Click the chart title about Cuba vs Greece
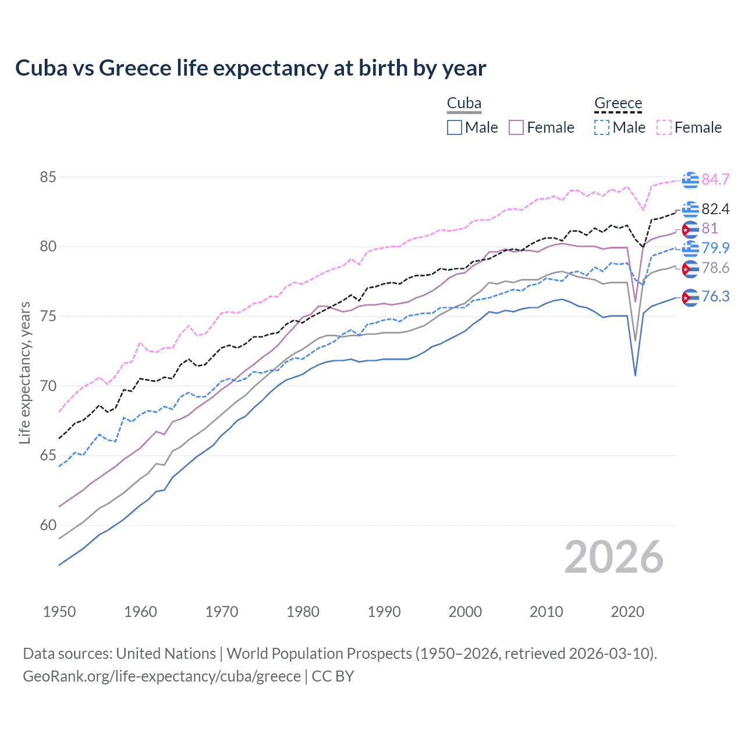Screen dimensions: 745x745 point(250,68)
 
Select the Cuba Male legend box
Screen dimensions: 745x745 point(455,127)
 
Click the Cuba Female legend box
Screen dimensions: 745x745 point(516,127)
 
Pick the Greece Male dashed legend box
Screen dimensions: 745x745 point(602,127)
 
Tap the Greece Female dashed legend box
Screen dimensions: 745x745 point(664,127)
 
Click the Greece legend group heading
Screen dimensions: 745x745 point(618,104)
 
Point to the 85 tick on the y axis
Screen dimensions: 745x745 point(48,177)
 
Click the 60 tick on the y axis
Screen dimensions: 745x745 point(48,525)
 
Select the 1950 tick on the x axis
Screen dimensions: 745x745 point(59,612)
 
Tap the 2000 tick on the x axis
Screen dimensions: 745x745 point(465,612)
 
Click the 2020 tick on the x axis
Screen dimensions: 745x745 point(627,612)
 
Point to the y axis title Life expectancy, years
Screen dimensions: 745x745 point(24,372)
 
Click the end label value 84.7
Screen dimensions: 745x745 point(715,179)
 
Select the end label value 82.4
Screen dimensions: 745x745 point(715,209)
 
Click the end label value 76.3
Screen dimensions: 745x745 point(715,297)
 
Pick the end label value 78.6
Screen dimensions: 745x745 point(715,268)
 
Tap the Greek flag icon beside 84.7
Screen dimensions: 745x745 point(690,180)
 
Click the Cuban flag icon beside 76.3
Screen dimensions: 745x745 point(690,297)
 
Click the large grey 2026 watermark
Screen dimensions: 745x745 point(614,557)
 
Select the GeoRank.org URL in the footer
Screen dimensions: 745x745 point(162,676)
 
